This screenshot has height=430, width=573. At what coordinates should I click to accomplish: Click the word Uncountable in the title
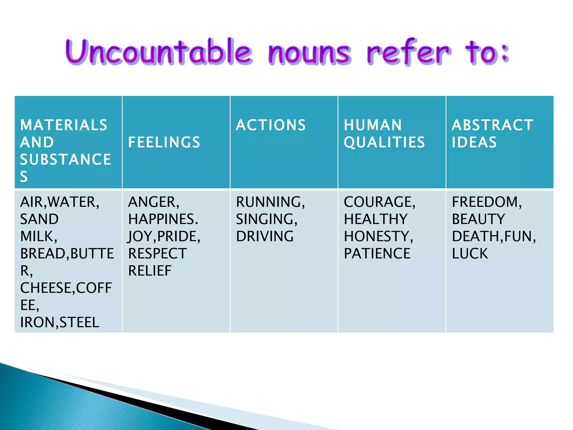[x=159, y=52]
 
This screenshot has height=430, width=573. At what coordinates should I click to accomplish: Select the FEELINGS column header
[x=164, y=142]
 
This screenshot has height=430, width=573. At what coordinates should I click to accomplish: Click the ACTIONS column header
[x=271, y=125]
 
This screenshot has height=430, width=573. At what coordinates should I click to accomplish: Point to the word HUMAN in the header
[x=373, y=125]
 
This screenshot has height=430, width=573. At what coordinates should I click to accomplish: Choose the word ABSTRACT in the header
[x=492, y=125]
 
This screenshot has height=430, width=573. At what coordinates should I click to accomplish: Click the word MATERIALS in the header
[x=64, y=125]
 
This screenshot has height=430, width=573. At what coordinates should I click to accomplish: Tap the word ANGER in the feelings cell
[x=152, y=202]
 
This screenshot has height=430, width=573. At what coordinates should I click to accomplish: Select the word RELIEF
[x=150, y=271]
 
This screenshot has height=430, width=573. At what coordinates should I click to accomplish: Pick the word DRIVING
[x=265, y=236]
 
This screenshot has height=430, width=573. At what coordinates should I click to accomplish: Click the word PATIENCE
[x=377, y=254]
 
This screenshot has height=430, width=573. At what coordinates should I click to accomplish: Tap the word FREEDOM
[x=485, y=202]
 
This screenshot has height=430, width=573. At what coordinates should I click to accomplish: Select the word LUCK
[x=470, y=254]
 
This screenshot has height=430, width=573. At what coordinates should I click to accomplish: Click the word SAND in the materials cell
[x=39, y=219]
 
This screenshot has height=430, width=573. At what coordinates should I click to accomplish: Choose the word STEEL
[x=79, y=322]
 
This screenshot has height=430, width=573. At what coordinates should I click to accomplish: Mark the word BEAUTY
[x=478, y=219]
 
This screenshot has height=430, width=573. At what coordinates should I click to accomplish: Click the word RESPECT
[x=158, y=254]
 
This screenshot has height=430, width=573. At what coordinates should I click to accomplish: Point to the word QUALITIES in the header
[x=384, y=142]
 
